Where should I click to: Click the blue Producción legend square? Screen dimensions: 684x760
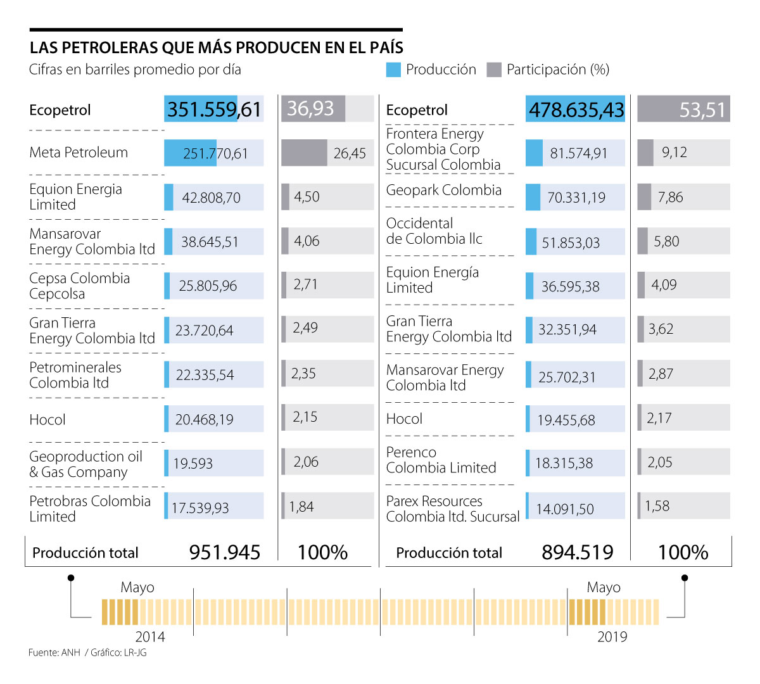[x=393, y=70]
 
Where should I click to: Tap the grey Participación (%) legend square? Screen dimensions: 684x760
[x=494, y=70]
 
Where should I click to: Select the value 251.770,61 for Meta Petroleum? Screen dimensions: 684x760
[x=215, y=153]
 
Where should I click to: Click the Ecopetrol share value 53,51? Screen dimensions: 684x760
[x=702, y=110]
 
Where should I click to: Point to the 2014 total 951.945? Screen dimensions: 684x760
[x=225, y=552]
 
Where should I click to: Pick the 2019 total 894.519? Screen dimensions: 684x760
[x=578, y=552]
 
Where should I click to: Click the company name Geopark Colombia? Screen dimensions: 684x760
[x=443, y=190]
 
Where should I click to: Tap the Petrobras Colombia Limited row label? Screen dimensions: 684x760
[x=90, y=509]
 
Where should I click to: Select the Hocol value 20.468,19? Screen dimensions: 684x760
[x=204, y=419]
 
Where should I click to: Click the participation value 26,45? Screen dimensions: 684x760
[x=350, y=153]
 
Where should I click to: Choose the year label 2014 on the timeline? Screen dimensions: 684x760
[x=150, y=636]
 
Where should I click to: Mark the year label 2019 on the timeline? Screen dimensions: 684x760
[x=612, y=636]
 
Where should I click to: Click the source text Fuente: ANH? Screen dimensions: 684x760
[x=54, y=652]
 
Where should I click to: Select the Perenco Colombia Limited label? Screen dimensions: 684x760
[x=441, y=460]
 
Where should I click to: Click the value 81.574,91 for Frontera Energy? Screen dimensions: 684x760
[x=578, y=153]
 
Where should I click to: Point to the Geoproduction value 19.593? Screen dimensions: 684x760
[x=193, y=464]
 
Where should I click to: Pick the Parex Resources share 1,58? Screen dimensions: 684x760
[x=657, y=506]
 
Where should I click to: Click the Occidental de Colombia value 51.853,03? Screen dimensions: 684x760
[x=571, y=243]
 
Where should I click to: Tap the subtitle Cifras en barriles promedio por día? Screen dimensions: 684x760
[x=135, y=70]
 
